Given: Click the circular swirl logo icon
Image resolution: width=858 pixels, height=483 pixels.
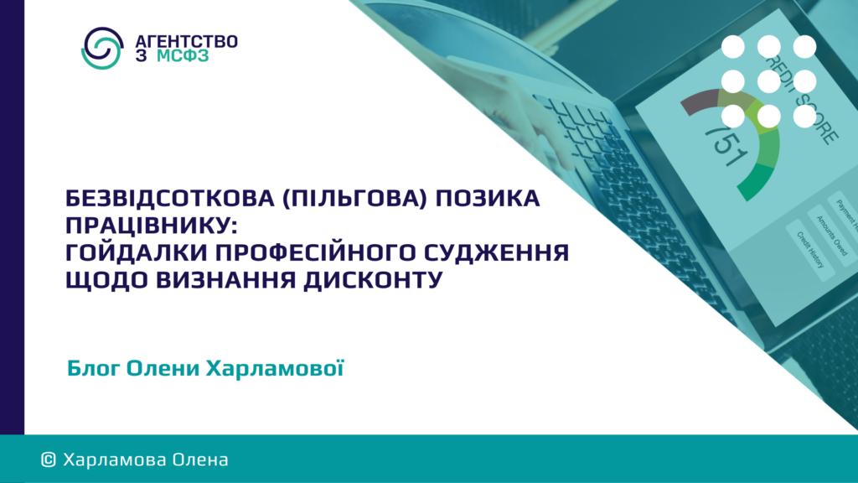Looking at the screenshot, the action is (102, 48).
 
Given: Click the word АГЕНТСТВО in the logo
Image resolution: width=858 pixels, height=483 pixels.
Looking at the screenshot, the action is (186, 42).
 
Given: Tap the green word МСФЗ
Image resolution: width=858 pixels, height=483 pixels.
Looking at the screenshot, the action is (183, 56).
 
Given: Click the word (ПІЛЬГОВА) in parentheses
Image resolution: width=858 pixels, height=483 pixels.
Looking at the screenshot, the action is (354, 198).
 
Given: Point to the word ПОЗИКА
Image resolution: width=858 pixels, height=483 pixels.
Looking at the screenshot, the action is (488, 198).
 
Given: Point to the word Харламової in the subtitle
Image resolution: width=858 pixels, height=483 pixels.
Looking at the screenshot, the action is (275, 369).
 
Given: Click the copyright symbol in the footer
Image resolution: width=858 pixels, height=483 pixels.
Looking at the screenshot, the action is (48, 460).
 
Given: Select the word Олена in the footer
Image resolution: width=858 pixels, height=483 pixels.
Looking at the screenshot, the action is (200, 460).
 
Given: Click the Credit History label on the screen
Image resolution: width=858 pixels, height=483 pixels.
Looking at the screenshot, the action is (810, 250).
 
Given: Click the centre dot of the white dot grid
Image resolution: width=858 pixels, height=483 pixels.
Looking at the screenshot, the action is (769, 81).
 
